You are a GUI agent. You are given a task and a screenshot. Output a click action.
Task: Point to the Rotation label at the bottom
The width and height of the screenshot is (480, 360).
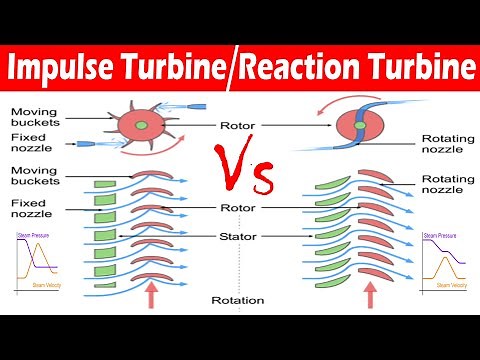[x=238, y=299]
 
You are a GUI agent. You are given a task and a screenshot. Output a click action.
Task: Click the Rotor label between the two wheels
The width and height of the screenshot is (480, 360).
[x=240, y=126]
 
